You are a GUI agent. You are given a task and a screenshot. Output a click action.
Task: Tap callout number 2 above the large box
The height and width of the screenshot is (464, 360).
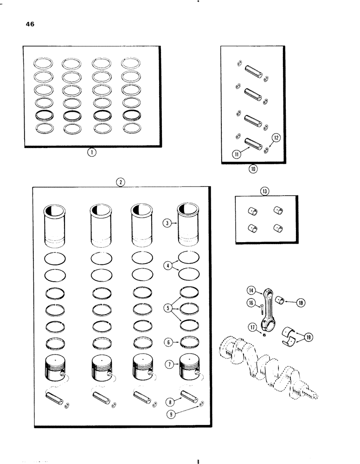coord(120,182)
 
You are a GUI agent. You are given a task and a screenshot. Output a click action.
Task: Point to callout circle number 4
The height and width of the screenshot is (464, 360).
coord(167,266)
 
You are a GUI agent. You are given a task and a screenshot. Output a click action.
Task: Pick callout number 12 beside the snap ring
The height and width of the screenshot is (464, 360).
coord(265,191)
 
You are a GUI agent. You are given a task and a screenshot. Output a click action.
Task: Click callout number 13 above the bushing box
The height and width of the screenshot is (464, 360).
coord(251,291)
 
